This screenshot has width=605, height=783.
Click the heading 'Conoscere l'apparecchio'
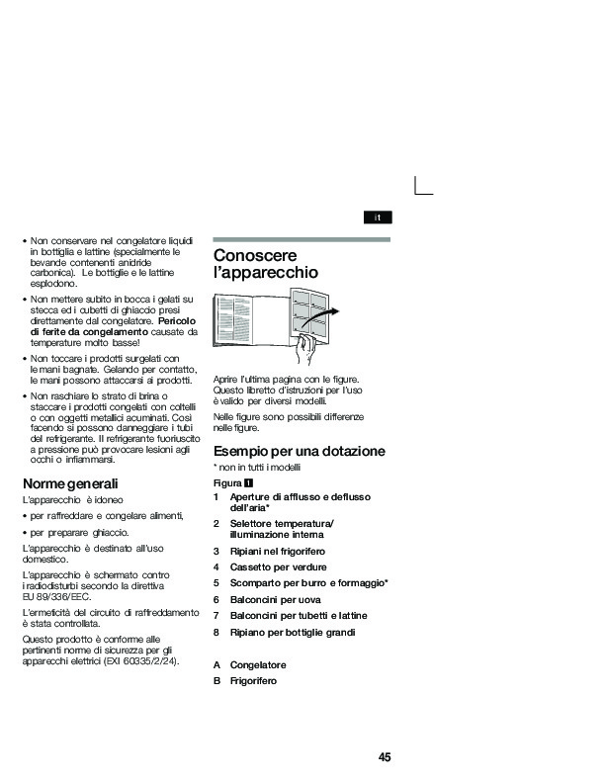pos(266,263)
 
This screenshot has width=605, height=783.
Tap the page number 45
pos(385,757)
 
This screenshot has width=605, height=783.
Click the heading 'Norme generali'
pos(70,484)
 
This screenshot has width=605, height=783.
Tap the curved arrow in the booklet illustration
pos(322,318)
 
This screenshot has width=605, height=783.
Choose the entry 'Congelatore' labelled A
pos(257,665)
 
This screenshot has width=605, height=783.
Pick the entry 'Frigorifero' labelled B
pos(253,681)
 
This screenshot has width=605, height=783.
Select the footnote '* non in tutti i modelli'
pos(256,467)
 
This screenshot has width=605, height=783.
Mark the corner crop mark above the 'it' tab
pos(422,186)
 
